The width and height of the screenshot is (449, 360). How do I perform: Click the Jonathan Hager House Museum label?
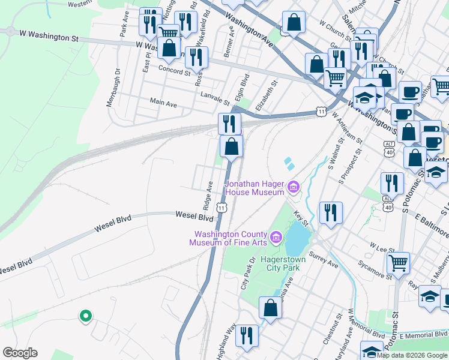click(254, 187)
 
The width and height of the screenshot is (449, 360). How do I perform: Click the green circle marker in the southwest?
click(85, 315)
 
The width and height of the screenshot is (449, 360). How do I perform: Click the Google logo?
click(20, 353)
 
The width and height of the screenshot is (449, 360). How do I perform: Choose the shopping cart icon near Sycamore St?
click(399, 263)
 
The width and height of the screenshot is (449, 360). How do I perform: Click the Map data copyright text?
click(412, 355)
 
